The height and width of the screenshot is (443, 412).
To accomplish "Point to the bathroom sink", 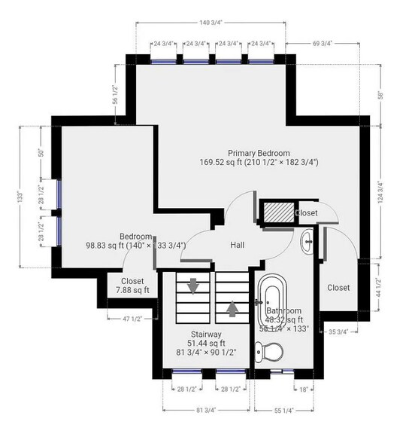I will click(307, 241).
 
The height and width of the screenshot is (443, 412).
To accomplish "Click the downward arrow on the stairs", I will click(193, 286).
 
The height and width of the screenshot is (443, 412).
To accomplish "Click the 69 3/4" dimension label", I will click(323, 44).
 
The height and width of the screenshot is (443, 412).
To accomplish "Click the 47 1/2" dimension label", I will click(132, 319).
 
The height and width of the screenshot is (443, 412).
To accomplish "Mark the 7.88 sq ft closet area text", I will click(132, 290).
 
